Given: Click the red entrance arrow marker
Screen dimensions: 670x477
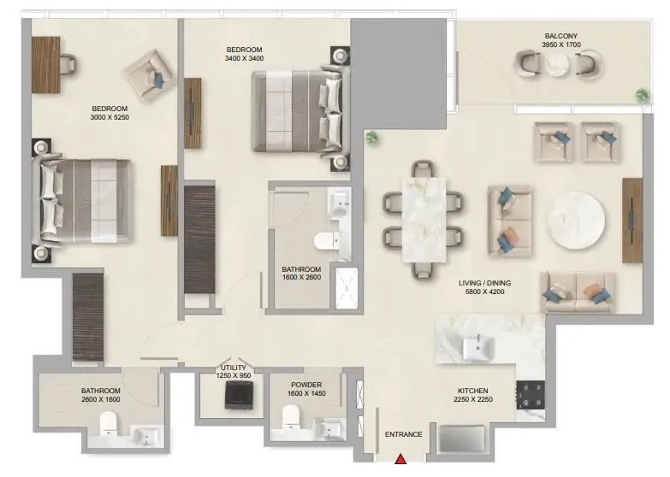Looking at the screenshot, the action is point(400,459).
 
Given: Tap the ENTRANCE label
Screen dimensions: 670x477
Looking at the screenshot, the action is point(403,434).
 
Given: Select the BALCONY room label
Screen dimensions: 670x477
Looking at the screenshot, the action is point(561,36).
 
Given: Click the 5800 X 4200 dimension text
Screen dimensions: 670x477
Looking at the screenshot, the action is point(484,291).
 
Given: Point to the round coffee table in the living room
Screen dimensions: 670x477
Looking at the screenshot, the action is point(576,221).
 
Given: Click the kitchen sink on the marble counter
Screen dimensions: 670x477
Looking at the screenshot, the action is point(478,347).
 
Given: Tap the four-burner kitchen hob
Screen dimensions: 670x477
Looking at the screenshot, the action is point(531,395).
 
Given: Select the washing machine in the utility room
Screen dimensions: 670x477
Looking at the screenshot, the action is point(240,395).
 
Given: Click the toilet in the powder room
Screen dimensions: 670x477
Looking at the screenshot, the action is point(291,416).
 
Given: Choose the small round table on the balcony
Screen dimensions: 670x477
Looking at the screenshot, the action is point(558,64).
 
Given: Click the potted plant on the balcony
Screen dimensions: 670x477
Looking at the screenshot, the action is point(642,94).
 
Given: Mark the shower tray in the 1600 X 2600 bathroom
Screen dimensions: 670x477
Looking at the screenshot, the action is point(347,288).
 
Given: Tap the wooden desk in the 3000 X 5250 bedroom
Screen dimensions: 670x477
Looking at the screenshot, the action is point(45,64).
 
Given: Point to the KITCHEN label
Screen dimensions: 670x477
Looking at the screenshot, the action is point(473,391).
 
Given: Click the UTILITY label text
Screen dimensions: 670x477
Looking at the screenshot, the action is point(234,368).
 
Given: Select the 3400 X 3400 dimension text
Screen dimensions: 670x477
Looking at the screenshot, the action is point(245,58).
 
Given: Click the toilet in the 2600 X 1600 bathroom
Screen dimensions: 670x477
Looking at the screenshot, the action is point(108,423).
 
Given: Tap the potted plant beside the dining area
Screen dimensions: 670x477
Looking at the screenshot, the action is point(372,138).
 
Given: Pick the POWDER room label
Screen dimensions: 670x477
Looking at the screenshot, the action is point(306,385).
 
